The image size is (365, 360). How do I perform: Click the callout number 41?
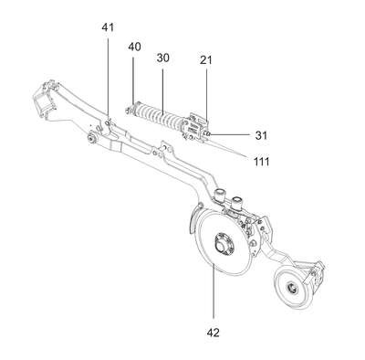tap(108, 27)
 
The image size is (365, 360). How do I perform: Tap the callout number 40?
tap(134, 48)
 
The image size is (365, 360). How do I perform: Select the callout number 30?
tap(162, 58)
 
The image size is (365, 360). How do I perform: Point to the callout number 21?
tap(206, 60)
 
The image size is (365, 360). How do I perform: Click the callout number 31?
tap(261, 135)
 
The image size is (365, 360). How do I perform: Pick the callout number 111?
tap(262, 161)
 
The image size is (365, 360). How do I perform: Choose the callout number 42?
tap(213, 333)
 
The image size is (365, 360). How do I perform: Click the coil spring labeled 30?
tap(159, 117)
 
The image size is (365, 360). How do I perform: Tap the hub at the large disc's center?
tap(224, 244)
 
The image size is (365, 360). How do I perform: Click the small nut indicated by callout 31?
tap(208, 133)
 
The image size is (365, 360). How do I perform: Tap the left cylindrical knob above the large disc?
tap(220, 196)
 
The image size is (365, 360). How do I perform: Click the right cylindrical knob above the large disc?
tap(236, 202)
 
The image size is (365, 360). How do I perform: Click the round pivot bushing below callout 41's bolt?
tap(91, 138)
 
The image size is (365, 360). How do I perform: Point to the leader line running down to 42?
tap(214, 291)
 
